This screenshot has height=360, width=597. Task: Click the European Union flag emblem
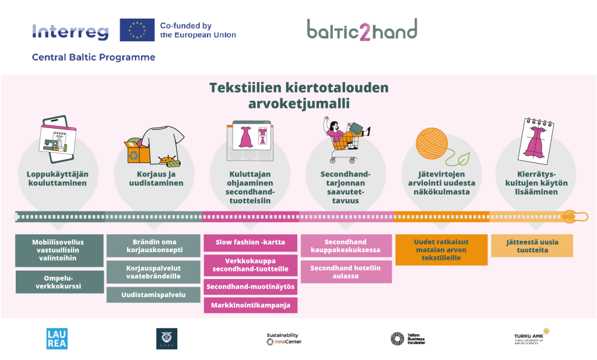click(137, 30)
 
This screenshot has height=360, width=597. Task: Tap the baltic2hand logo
click(362, 30)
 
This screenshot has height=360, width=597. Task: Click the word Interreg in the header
click(71, 31)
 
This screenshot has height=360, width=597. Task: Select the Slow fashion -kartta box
click(250, 242)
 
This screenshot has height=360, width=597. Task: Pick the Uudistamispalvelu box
click(154, 295)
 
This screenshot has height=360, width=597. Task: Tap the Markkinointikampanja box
click(250, 305)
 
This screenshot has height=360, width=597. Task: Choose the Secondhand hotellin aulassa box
click(346, 272)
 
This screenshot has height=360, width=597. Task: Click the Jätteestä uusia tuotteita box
click(531, 246)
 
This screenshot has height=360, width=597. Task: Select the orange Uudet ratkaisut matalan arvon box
click(441, 250)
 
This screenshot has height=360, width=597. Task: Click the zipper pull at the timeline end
click(575, 217)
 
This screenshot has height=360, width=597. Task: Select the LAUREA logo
click(57, 338)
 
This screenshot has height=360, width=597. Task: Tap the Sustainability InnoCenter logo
click(284, 338)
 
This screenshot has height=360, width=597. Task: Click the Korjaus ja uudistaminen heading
click(156, 178)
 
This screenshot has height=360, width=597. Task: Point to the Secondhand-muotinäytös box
click(250, 287)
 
